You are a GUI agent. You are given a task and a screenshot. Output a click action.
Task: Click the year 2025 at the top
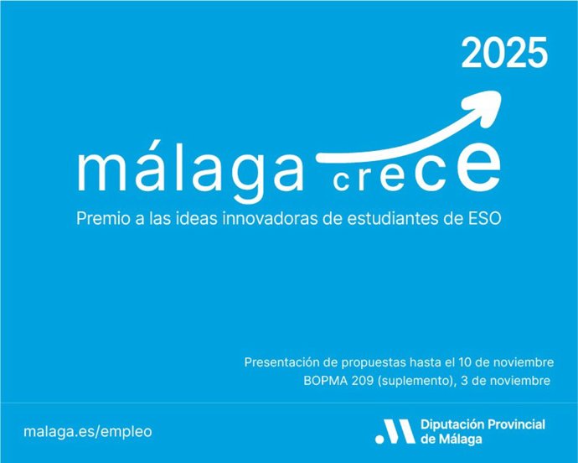pyautogui.click(x=504, y=55)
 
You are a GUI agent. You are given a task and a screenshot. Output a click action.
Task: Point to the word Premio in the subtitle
pyautogui.click(x=101, y=217)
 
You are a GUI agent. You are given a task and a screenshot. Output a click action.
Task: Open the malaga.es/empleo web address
pyautogui.click(x=89, y=431)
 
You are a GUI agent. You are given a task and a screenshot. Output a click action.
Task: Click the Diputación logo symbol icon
pyautogui.click(x=393, y=431)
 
